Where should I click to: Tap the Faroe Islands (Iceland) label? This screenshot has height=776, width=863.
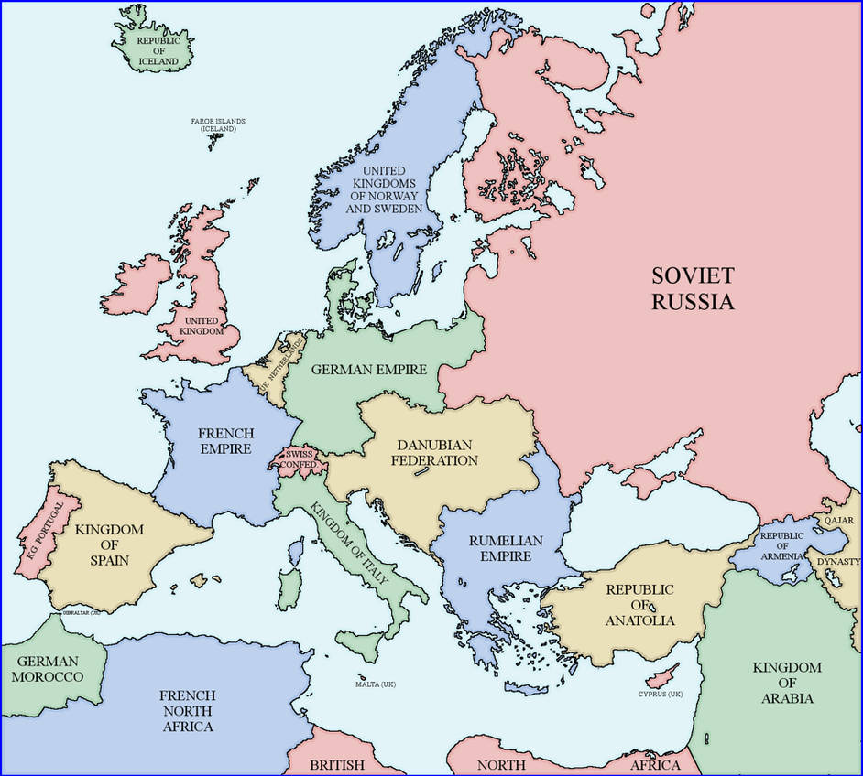[218, 125]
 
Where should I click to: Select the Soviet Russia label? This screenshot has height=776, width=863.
[693, 287]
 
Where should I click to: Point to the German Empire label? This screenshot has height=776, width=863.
[369, 370]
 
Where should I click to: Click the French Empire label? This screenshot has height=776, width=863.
[225, 440]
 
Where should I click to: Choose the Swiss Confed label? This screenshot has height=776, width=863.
[300, 458]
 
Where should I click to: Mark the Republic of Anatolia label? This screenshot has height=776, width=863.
[639, 605]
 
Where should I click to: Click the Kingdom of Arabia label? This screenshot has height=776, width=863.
[787, 683]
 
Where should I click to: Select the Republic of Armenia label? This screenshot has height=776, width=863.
[781, 545]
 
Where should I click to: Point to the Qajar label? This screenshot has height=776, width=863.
[838, 520]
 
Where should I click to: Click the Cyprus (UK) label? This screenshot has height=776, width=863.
[661, 695]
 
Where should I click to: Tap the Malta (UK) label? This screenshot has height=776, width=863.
[376, 684]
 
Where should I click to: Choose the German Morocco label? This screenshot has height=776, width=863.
[48, 668]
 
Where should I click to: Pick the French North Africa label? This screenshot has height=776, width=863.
[186, 710]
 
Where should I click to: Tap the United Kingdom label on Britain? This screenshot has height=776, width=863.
[202, 325]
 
